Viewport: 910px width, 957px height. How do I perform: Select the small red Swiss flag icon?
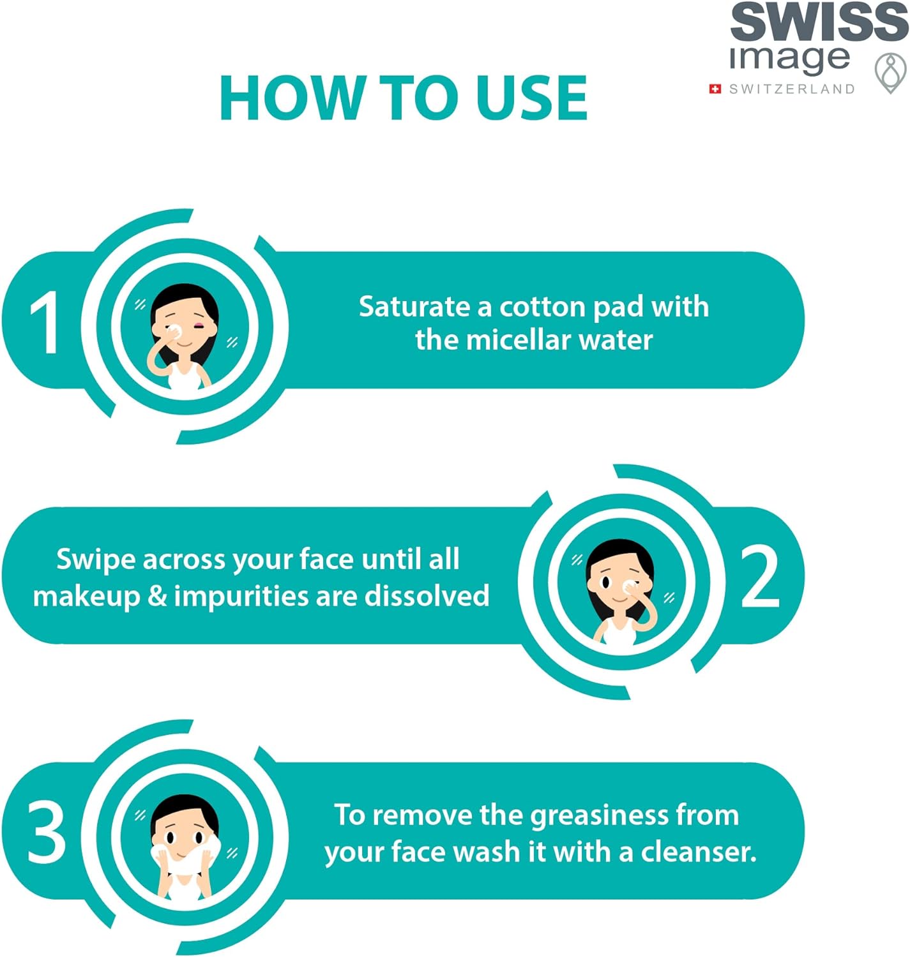715,89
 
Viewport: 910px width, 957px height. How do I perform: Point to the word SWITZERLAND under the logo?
792,89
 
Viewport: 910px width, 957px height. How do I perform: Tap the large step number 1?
45,323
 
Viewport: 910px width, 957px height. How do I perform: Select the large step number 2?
760,578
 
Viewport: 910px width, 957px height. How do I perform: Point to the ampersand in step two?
157,597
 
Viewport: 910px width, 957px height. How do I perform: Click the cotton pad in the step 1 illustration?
174,330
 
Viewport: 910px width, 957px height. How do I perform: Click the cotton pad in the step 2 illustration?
629,585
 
